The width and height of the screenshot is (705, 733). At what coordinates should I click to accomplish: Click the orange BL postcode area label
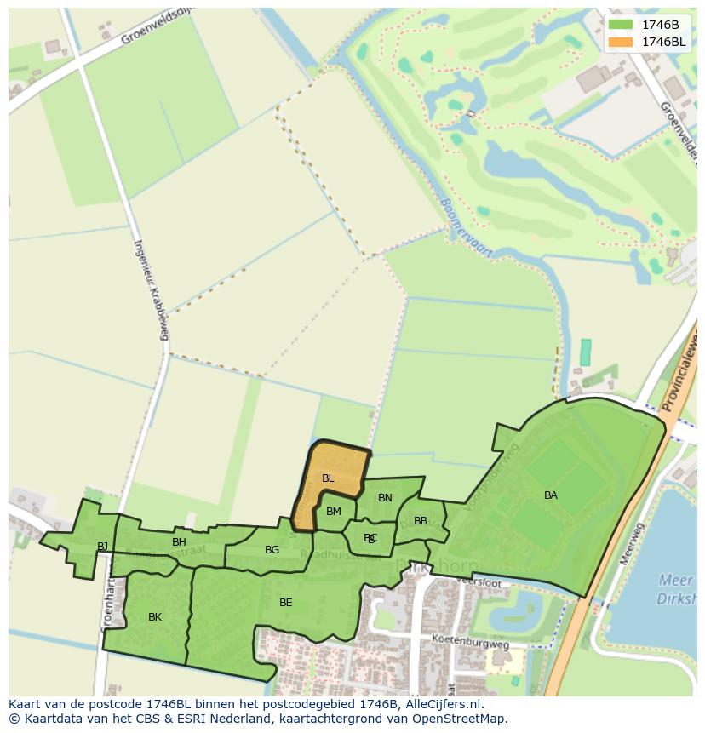(x=328, y=478)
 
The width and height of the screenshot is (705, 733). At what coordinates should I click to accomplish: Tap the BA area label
(x=551, y=495)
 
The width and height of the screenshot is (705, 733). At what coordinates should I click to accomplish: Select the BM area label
(x=334, y=512)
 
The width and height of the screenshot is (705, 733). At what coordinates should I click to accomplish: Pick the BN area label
(x=385, y=498)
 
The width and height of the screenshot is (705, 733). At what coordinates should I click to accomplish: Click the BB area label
(x=421, y=521)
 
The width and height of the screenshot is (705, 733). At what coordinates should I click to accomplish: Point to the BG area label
(x=272, y=550)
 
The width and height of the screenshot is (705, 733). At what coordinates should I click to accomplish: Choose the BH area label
(x=179, y=542)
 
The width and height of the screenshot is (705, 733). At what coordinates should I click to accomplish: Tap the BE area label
(x=286, y=603)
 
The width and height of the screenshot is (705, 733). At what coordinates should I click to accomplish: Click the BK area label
(x=155, y=617)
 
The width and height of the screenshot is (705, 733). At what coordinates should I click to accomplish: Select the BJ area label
(x=103, y=547)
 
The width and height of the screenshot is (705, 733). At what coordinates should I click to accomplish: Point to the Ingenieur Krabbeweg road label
(x=150, y=289)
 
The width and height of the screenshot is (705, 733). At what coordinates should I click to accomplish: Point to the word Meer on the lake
(x=675, y=581)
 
